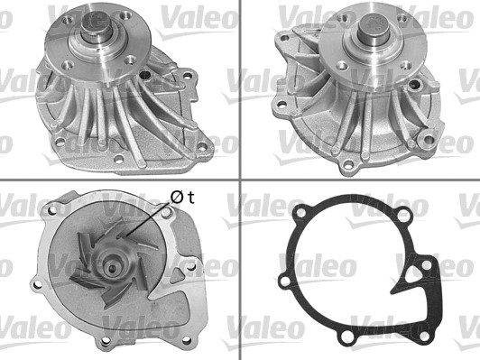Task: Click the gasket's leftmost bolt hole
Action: [x=285, y=280]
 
